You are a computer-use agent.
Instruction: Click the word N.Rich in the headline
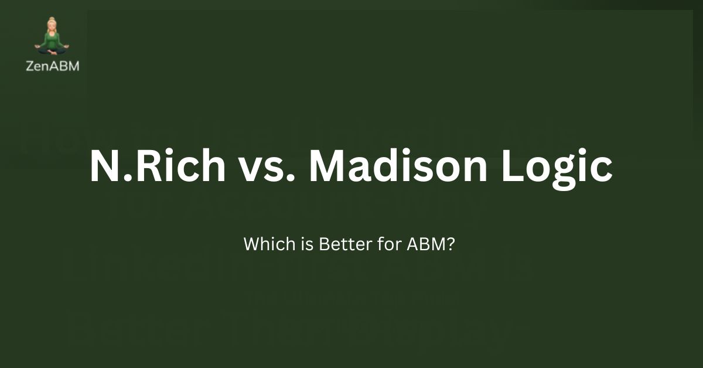click(158, 166)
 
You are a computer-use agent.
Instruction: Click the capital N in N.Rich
click(104, 166)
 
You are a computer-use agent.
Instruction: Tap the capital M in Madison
click(332, 166)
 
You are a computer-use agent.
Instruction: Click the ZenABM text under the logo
click(53, 66)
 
